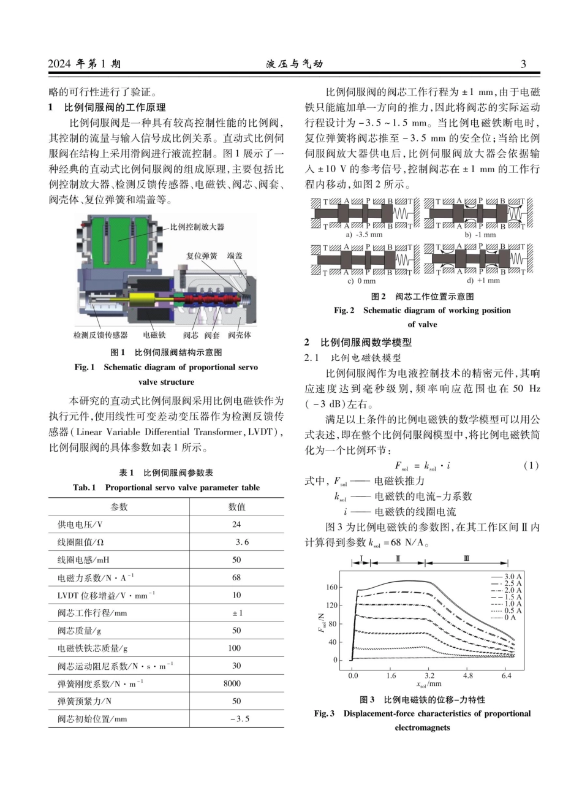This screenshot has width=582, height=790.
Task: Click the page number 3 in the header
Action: click(x=523, y=64)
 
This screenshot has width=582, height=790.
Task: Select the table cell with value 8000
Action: click(x=236, y=683)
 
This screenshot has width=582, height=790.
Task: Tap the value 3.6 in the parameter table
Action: click(x=241, y=542)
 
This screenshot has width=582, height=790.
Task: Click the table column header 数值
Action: click(x=236, y=507)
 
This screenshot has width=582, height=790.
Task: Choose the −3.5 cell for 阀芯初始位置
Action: click(x=240, y=719)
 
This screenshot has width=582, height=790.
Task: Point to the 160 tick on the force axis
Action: click(x=332, y=587)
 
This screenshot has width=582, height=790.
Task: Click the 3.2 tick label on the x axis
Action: click(x=429, y=675)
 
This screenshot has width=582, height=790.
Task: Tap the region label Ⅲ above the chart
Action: click(x=467, y=558)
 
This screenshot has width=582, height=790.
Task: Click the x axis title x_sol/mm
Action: click(x=429, y=684)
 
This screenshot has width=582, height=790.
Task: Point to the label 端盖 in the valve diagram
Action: click(x=234, y=256)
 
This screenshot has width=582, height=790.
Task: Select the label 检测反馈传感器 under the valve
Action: click(x=100, y=335)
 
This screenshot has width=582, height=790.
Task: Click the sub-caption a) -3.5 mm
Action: click(x=364, y=235)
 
